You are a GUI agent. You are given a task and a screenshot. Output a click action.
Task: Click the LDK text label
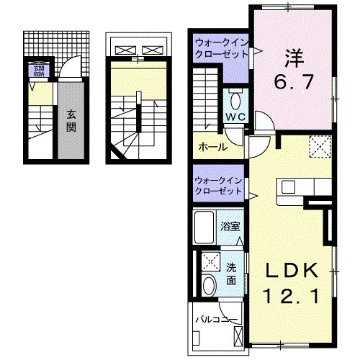pos(292,271)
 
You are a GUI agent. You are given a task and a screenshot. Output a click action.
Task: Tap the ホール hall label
pos(213,147)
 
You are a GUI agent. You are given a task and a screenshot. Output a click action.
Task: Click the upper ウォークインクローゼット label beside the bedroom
pos(220,50)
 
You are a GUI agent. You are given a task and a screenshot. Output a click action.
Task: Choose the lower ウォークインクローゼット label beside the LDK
pos(218,186)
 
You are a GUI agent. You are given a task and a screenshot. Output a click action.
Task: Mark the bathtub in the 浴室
pos(206,230)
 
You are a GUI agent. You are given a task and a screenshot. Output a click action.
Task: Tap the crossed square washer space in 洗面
pos(211,261)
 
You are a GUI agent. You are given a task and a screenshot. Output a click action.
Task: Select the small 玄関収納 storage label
pos(36,70)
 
